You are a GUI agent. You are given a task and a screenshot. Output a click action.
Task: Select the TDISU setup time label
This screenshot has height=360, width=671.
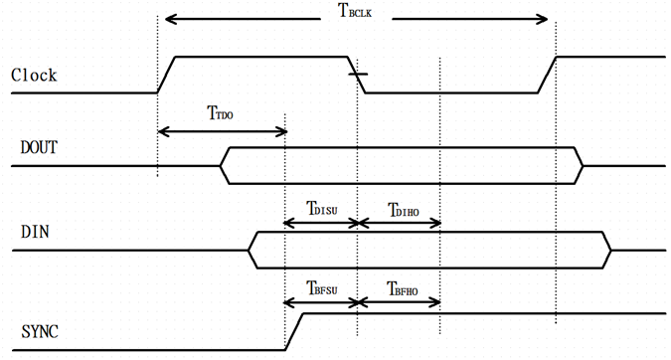pyautogui.click(x=323, y=209)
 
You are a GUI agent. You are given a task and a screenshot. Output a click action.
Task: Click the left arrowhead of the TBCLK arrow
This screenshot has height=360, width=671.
pyautogui.click(x=170, y=19)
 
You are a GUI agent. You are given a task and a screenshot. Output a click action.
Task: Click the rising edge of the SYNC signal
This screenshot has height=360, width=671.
pyautogui.click(x=295, y=332)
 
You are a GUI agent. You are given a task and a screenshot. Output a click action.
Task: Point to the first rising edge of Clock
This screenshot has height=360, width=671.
pyautogui.click(x=166, y=75)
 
